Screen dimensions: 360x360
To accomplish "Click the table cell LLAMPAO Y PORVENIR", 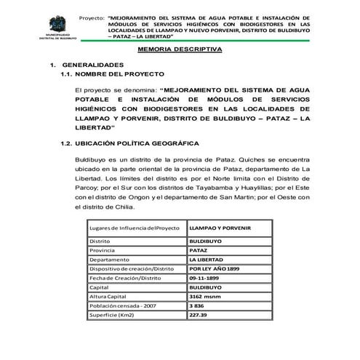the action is click(220, 228).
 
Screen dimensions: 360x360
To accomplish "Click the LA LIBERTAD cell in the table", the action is click(206, 259).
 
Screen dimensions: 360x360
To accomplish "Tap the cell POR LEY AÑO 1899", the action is click(212, 268).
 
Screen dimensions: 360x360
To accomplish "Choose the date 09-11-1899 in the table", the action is click(204, 278).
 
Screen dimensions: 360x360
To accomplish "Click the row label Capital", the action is click(100, 287).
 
